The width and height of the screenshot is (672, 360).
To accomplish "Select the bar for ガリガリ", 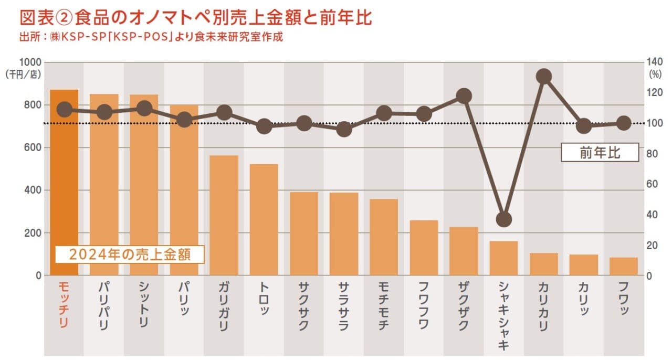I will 224,215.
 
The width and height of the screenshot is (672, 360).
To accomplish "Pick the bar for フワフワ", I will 424,248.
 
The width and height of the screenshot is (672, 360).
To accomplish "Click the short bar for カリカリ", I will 543,264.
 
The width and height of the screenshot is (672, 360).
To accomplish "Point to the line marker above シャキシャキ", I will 503,219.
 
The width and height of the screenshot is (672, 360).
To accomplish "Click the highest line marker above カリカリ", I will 544,77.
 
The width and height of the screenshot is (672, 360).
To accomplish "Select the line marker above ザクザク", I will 464,96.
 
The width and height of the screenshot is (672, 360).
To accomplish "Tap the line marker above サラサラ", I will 344,129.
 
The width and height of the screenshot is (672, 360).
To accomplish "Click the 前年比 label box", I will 600,152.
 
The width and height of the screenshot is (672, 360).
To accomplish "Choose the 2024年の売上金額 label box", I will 129,255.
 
